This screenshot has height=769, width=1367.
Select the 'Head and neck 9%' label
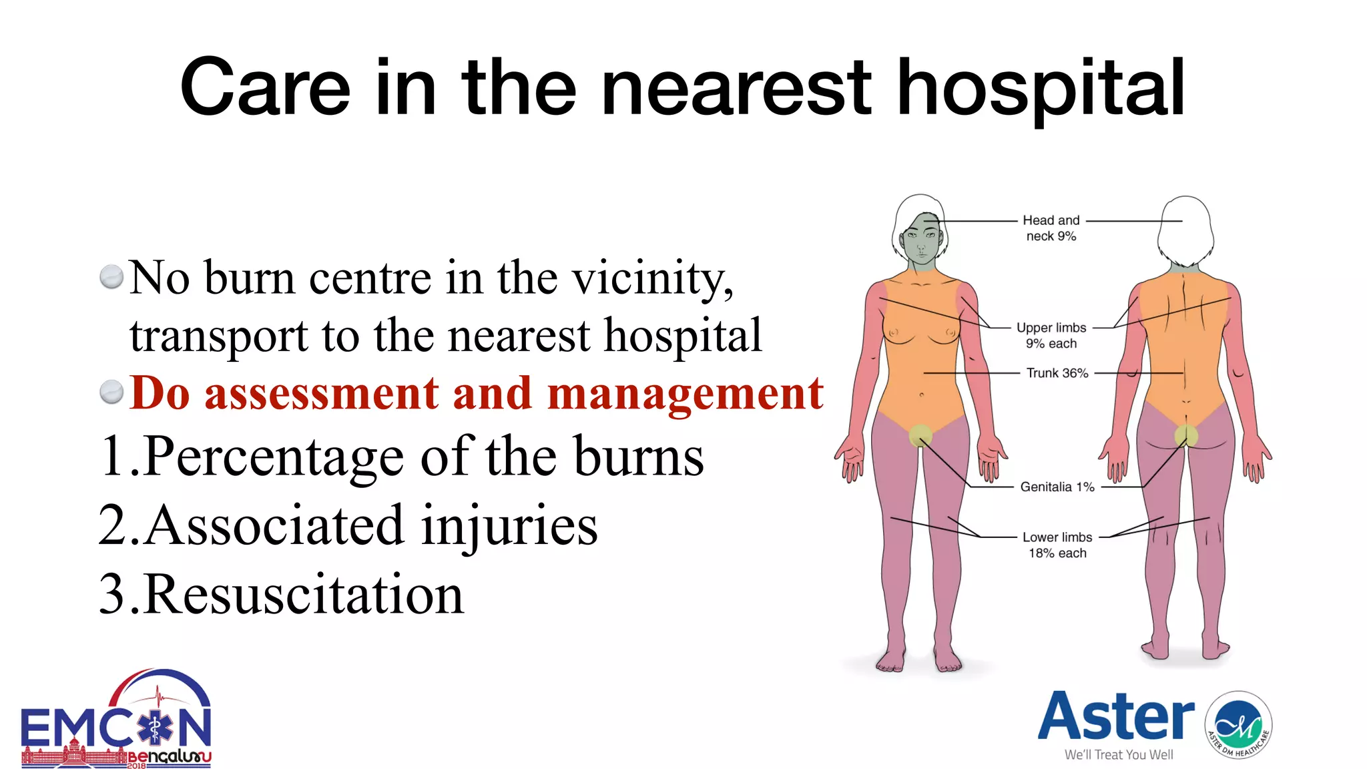(x=1051, y=228)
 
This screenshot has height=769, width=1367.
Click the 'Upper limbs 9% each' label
(x=1051, y=336)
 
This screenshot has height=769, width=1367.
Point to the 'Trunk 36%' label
(x=1057, y=373)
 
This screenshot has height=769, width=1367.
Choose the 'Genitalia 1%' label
(x=1057, y=487)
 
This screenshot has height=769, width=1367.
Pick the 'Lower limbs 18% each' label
(x=1057, y=545)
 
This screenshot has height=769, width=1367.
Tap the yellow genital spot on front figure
(x=920, y=435)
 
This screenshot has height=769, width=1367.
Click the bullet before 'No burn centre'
(x=111, y=277)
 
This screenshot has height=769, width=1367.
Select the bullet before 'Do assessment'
(x=111, y=393)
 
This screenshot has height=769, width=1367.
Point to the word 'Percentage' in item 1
(x=274, y=457)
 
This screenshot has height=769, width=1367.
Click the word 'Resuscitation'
(x=303, y=595)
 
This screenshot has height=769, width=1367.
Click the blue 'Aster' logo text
(x=1115, y=718)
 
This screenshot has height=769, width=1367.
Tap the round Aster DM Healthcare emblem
(x=1238, y=726)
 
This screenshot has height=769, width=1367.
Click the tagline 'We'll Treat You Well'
(x=1119, y=755)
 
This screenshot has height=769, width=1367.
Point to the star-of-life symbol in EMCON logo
(x=154, y=727)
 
